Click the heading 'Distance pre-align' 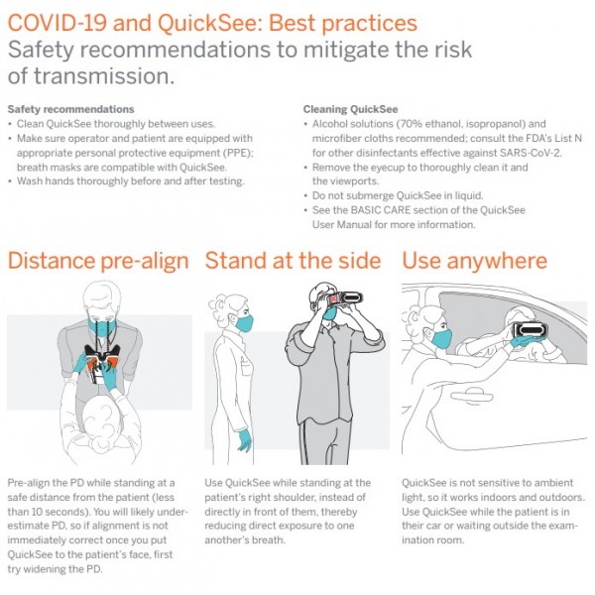[x=98, y=262]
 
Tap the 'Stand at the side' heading [x=293, y=261]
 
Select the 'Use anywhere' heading [x=474, y=262]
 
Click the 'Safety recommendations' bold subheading [x=71, y=109]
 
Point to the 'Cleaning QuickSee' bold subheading [x=350, y=109]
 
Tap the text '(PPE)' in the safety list [x=239, y=153]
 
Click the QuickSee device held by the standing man [x=346, y=297]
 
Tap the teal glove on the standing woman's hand [x=244, y=439]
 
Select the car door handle [x=472, y=397]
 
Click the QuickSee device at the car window [x=531, y=330]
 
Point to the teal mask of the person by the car [x=441, y=338]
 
